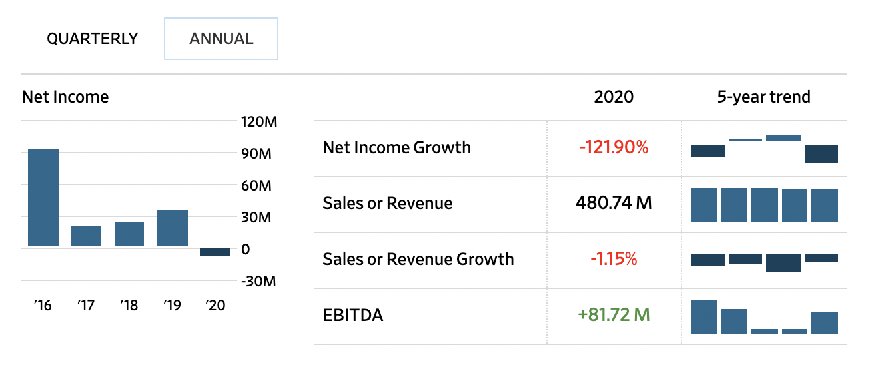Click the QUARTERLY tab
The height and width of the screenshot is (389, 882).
pyautogui.click(x=92, y=39)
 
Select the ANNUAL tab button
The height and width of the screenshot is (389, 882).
pyautogui.click(x=221, y=39)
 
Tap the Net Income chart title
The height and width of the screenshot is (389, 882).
pyautogui.click(x=65, y=97)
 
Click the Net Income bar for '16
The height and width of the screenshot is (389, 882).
pyautogui.click(x=43, y=198)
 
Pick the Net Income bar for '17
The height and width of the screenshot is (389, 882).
pyautogui.click(x=86, y=236)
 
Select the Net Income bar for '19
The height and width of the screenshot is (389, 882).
pyautogui.click(x=173, y=228)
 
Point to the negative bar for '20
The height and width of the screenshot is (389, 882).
pyautogui.click(x=215, y=252)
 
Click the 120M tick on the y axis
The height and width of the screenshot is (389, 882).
pyautogui.click(x=257, y=122)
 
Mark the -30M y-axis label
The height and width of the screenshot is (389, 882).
pyautogui.click(x=257, y=281)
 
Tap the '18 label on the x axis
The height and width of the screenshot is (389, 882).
pyautogui.click(x=129, y=306)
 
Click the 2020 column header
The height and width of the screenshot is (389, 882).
pyautogui.click(x=614, y=97)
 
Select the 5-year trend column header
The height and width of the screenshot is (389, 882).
pyautogui.click(x=763, y=97)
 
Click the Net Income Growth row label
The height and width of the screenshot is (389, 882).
pyautogui.click(x=396, y=147)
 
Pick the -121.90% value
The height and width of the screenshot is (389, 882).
pyautogui.click(x=614, y=147)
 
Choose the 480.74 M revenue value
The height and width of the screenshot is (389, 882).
pyautogui.click(x=614, y=203)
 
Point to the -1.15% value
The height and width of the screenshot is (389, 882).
pyautogui.click(x=614, y=259)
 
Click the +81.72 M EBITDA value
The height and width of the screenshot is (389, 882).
pyautogui.click(x=614, y=314)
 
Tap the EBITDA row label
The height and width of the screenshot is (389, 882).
pyautogui.click(x=353, y=315)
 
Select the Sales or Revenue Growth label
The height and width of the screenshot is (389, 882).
pyautogui.click(x=418, y=259)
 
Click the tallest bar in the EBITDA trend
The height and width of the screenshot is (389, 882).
pyautogui.click(x=704, y=317)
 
